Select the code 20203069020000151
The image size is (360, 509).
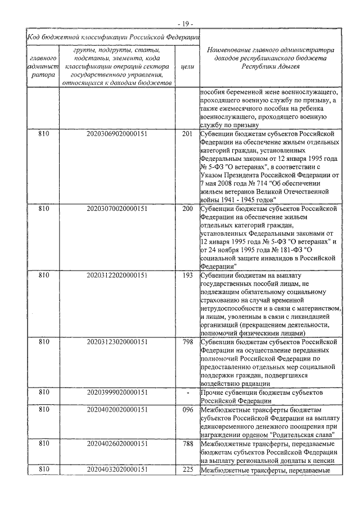click(x=117, y=134)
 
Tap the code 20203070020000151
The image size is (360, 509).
click(x=117, y=208)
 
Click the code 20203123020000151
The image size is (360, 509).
click(x=117, y=341)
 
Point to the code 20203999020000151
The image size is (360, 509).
click(x=117, y=393)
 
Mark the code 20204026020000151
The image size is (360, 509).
click(x=117, y=444)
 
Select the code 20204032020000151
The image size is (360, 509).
click(x=117, y=470)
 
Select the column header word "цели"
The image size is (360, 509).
click(x=187, y=66)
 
